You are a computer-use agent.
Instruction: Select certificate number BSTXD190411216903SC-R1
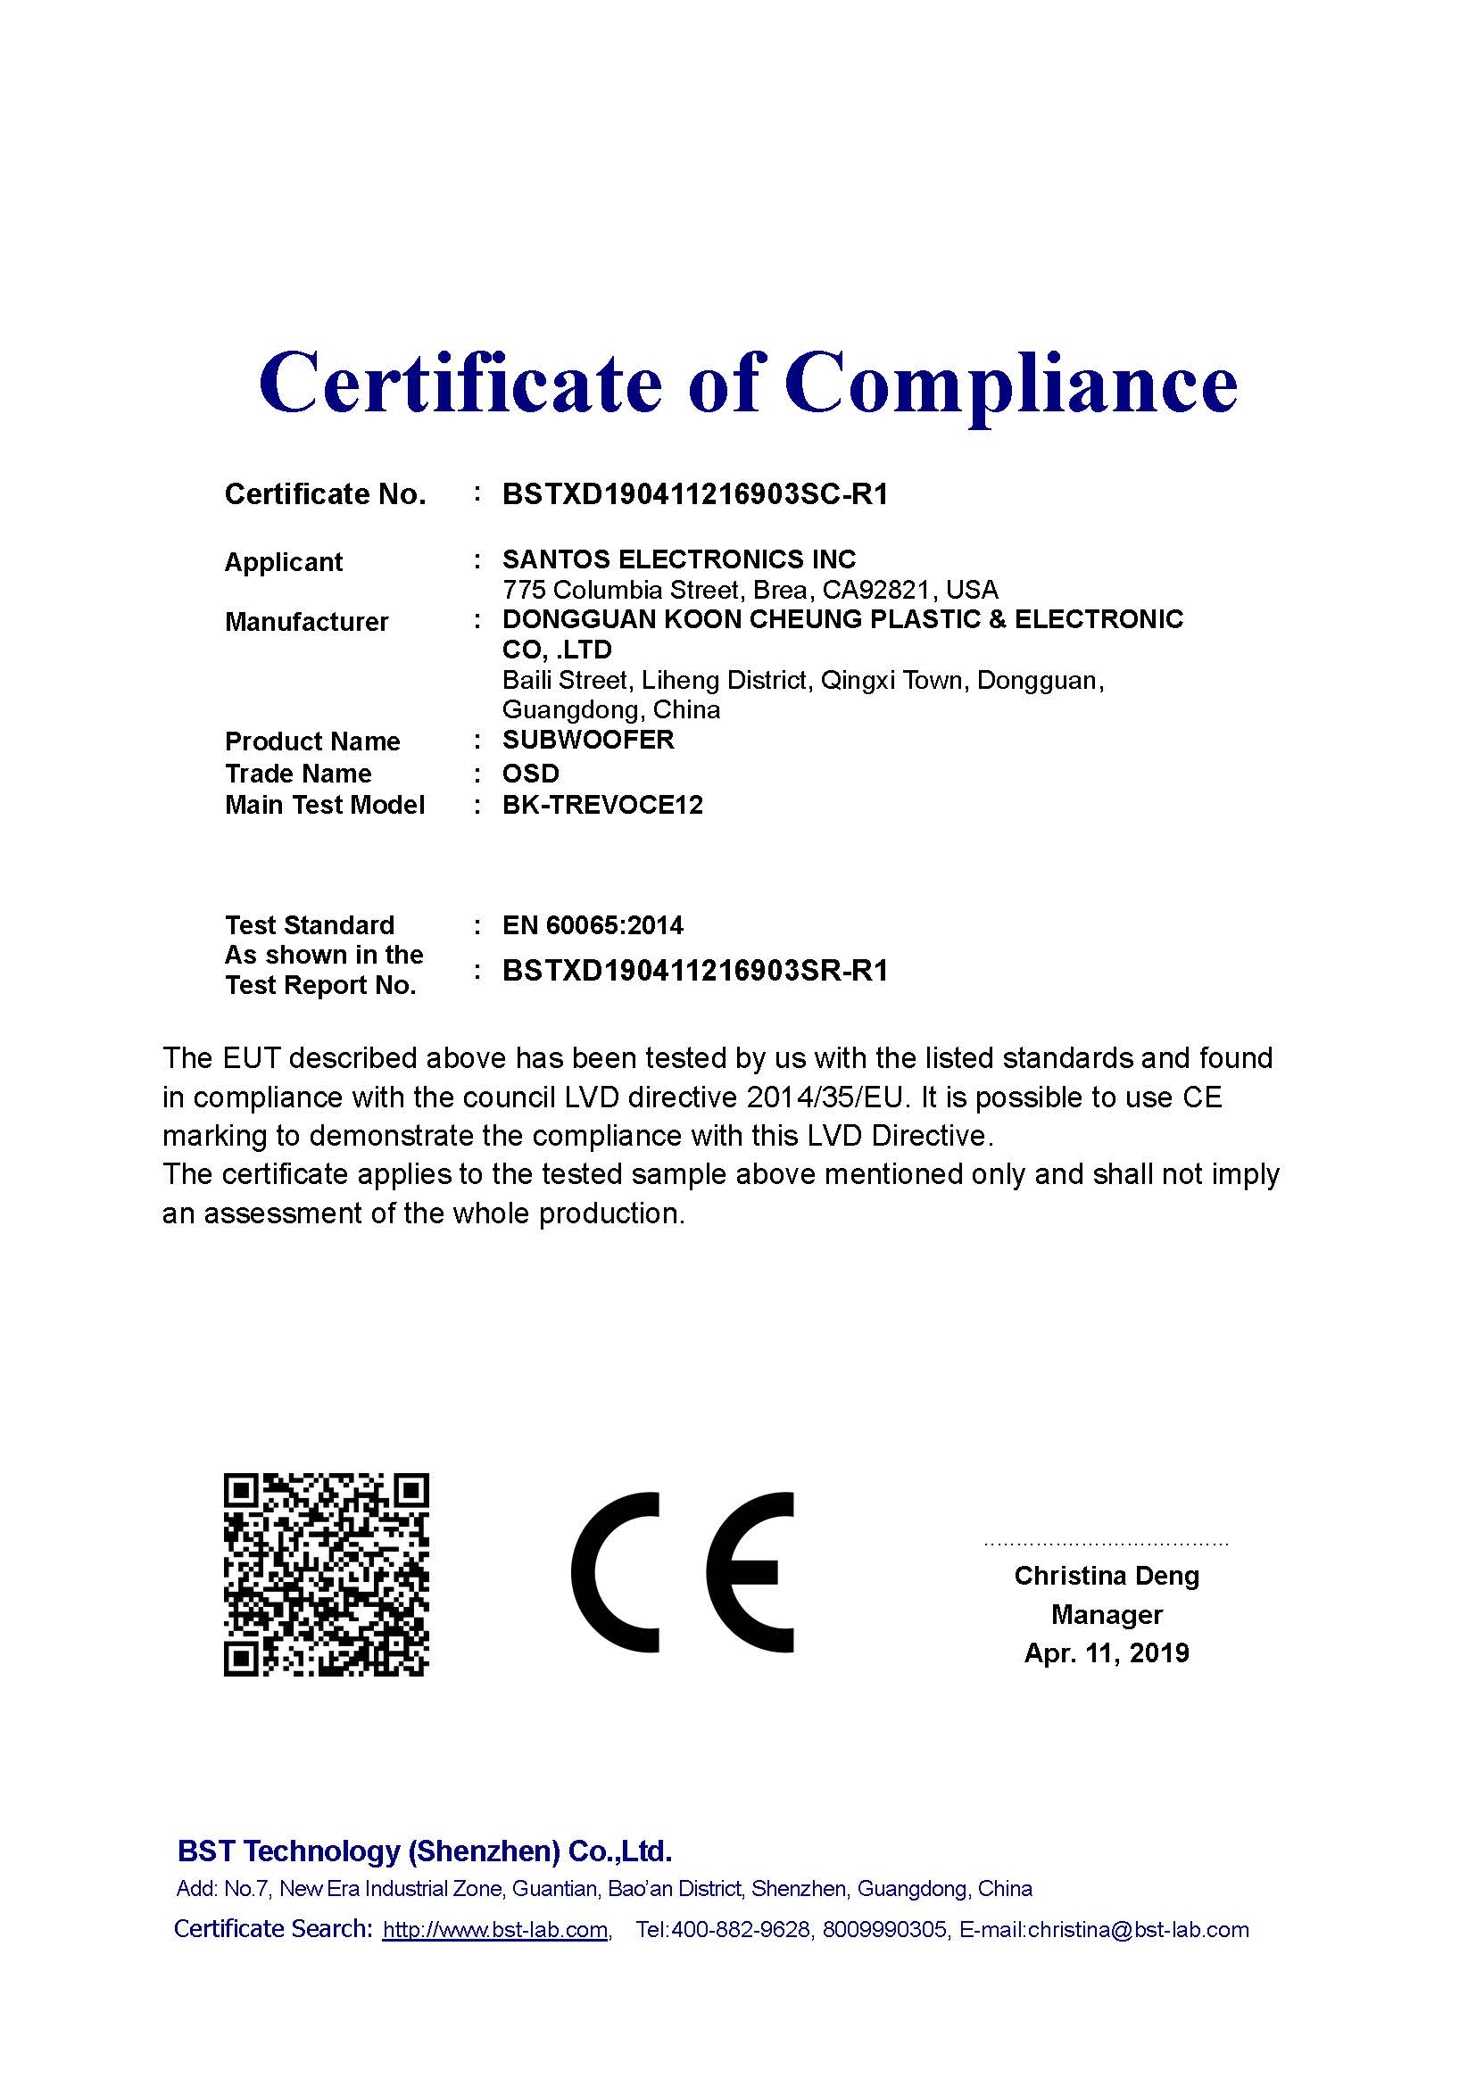[x=694, y=494]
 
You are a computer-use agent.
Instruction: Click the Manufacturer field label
[x=306, y=622]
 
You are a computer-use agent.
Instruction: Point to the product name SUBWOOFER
[x=588, y=740]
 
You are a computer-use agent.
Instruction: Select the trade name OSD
[x=531, y=774]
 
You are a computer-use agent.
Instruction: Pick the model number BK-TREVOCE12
[x=602, y=806]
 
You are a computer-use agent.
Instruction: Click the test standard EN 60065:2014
[x=593, y=925]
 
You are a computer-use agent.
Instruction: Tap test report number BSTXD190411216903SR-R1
[x=694, y=971]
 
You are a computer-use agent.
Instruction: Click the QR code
[x=326, y=1575]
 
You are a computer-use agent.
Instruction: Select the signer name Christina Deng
[x=1106, y=1575]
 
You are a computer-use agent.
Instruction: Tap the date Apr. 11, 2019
[x=1106, y=1652]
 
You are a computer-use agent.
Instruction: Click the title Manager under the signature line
[x=1106, y=1614]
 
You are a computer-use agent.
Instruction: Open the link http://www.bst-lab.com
[x=495, y=1930]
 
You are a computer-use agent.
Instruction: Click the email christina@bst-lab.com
[x=1138, y=1930]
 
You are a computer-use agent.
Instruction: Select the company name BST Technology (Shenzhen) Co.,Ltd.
[x=425, y=1851]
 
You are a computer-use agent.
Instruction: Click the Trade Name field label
[x=298, y=774]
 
